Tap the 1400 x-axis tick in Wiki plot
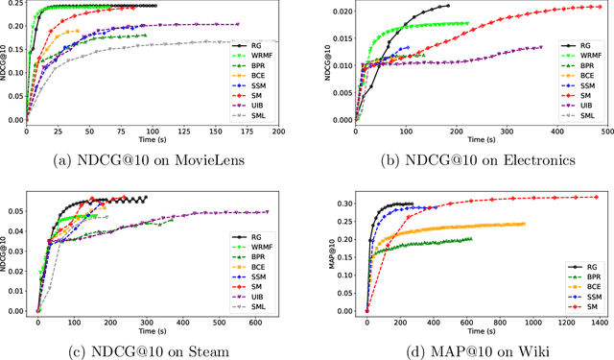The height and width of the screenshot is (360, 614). pos(601,320)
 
